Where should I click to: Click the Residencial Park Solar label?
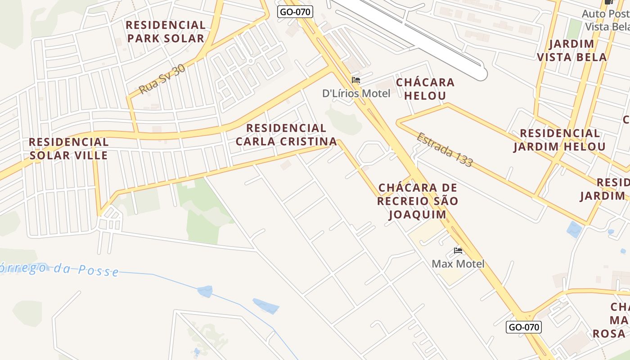point(166,31)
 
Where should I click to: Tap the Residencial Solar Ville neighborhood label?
point(68,148)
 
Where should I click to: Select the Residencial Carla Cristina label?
point(286,135)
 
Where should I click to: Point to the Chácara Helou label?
point(425,89)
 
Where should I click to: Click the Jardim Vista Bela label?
point(571,50)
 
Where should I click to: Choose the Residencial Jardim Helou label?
point(559,140)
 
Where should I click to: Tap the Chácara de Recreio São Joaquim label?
point(417,201)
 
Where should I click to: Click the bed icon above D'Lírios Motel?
point(356,80)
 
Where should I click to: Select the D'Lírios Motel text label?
point(356,93)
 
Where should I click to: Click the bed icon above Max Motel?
point(458,250)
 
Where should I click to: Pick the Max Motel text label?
point(458,264)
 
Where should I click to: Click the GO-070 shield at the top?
point(295,12)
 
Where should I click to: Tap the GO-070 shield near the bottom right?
point(524,327)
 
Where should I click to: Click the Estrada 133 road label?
point(445,150)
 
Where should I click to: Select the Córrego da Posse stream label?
point(58,269)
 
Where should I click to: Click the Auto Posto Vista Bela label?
point(606,20)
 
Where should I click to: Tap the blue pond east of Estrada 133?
point(574,229)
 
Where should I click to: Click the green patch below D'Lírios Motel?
point(344,120)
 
